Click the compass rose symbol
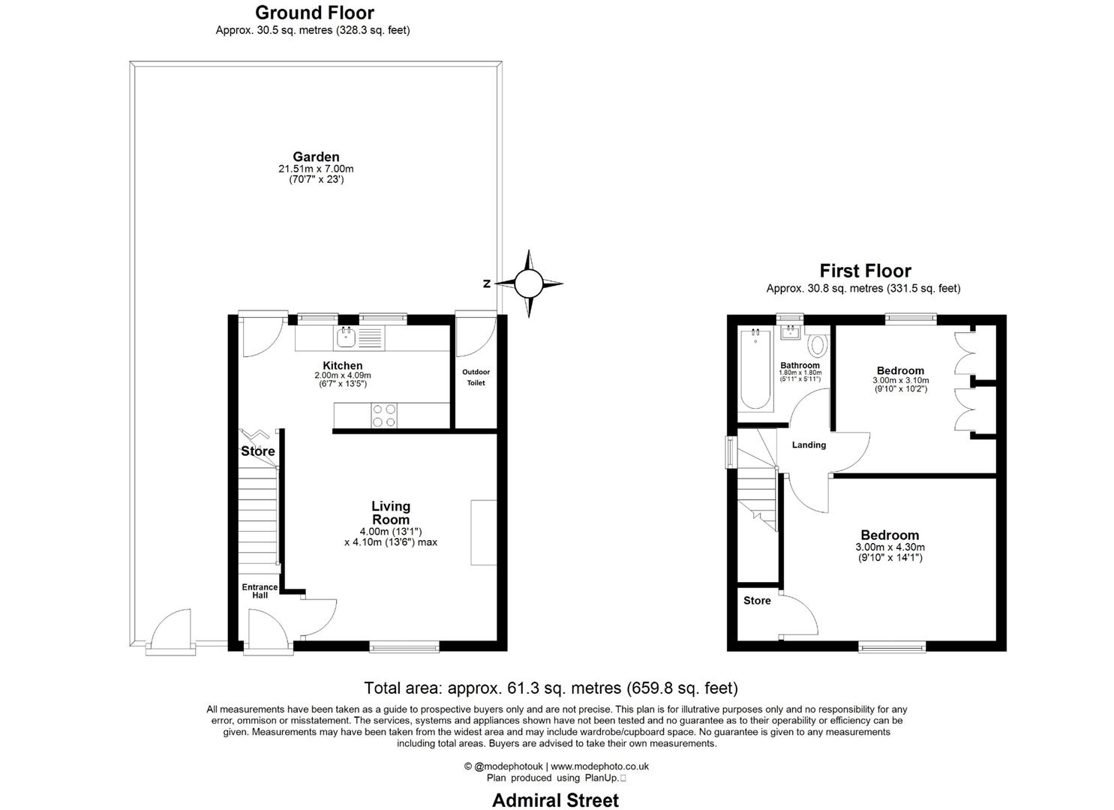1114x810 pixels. [528, 283]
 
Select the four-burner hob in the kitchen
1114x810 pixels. [384, 415]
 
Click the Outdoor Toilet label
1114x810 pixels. [476, 377]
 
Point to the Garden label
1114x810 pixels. [316, 157]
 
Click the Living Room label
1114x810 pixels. [391, 513]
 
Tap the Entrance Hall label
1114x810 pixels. [260, 591]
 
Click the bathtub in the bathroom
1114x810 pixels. [755, 370]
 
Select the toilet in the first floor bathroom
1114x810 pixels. [818, 346]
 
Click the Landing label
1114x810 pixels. [809, 445]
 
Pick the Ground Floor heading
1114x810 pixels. [314, 13]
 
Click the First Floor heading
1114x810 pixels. [865, 271]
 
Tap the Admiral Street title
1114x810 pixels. [555, 800]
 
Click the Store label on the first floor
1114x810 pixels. [757, 601]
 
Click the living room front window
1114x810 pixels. [404, 646]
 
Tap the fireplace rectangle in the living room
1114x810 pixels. [483, 532]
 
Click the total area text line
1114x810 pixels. [551, 688]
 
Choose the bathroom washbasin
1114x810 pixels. [790, 333]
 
